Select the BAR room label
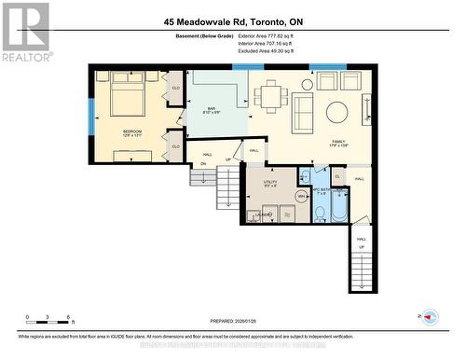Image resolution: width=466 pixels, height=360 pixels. pyautogui.click(x=212, y=111)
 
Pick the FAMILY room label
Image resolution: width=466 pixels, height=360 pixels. pyautogui.click(x=337, y=143)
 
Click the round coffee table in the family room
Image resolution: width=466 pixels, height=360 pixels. pyautogui.click(x=336, y=113)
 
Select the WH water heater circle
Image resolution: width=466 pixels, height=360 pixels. pyautogui.click(x=301, y=197)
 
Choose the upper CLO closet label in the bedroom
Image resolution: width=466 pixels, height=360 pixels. pyautogui.click(x=175, y=89)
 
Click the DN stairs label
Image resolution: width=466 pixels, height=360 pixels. pyautogui.click(x=202, y=163)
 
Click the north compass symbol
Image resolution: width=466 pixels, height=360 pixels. pyautogui.click(x=430, y=317)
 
